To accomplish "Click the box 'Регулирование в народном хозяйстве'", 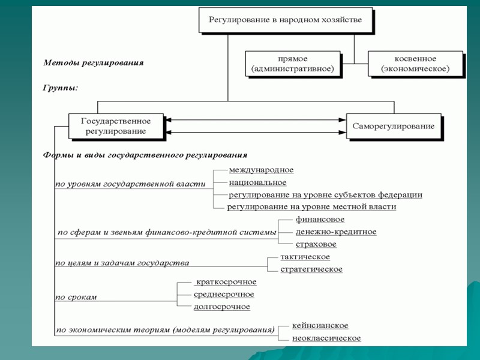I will tap(285, 20).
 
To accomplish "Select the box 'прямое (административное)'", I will tap(293, 64).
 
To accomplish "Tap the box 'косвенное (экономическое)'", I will tap(415, 64).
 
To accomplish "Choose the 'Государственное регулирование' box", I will tap(116, 126).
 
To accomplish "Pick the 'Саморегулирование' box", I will tap(394, 126).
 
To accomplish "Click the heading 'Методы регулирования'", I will tap(93, 62).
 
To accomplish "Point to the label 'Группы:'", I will tap(61, 88).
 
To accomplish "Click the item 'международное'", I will tap(261, 170).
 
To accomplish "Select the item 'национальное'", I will tap(257, 182).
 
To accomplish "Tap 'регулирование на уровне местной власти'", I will tap(311, 206).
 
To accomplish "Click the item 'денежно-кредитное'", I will tap(336, 232).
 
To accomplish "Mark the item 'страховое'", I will tap(316, 244).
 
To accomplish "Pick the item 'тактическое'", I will tap(305, 257).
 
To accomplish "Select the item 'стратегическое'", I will tap(311, 269).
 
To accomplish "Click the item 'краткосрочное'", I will tap(226, 282).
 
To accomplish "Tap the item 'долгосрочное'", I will tap(222, 307).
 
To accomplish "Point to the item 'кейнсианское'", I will tap(320, 325).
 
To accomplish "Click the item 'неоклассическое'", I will tap(326, 338).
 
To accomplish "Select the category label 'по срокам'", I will tap(76, 296).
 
